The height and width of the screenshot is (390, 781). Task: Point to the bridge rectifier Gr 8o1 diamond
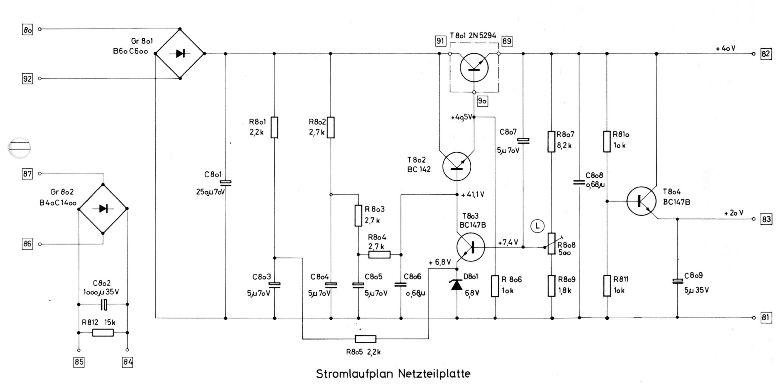pyautogui.click(x=180, y=54)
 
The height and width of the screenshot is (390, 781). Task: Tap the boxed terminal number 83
pyautogui.click(x=766, y=219)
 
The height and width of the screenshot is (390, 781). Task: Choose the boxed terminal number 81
pyautogui.click(x=765, y=318)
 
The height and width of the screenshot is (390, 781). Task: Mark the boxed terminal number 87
pyautogui.click(x=27, y=174)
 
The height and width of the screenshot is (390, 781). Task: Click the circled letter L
pyautogui.click(x=537, y=226)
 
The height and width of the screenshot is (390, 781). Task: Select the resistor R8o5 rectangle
pyautogui.click(x=366, y=339)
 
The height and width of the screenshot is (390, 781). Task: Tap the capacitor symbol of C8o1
pyautogui.click(x=225, y=183)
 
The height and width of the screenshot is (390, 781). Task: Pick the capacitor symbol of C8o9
pyautogui.click(x=677, y=281)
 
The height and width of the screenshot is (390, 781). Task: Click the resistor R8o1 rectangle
pyautogui.click(x=274, y=127)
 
